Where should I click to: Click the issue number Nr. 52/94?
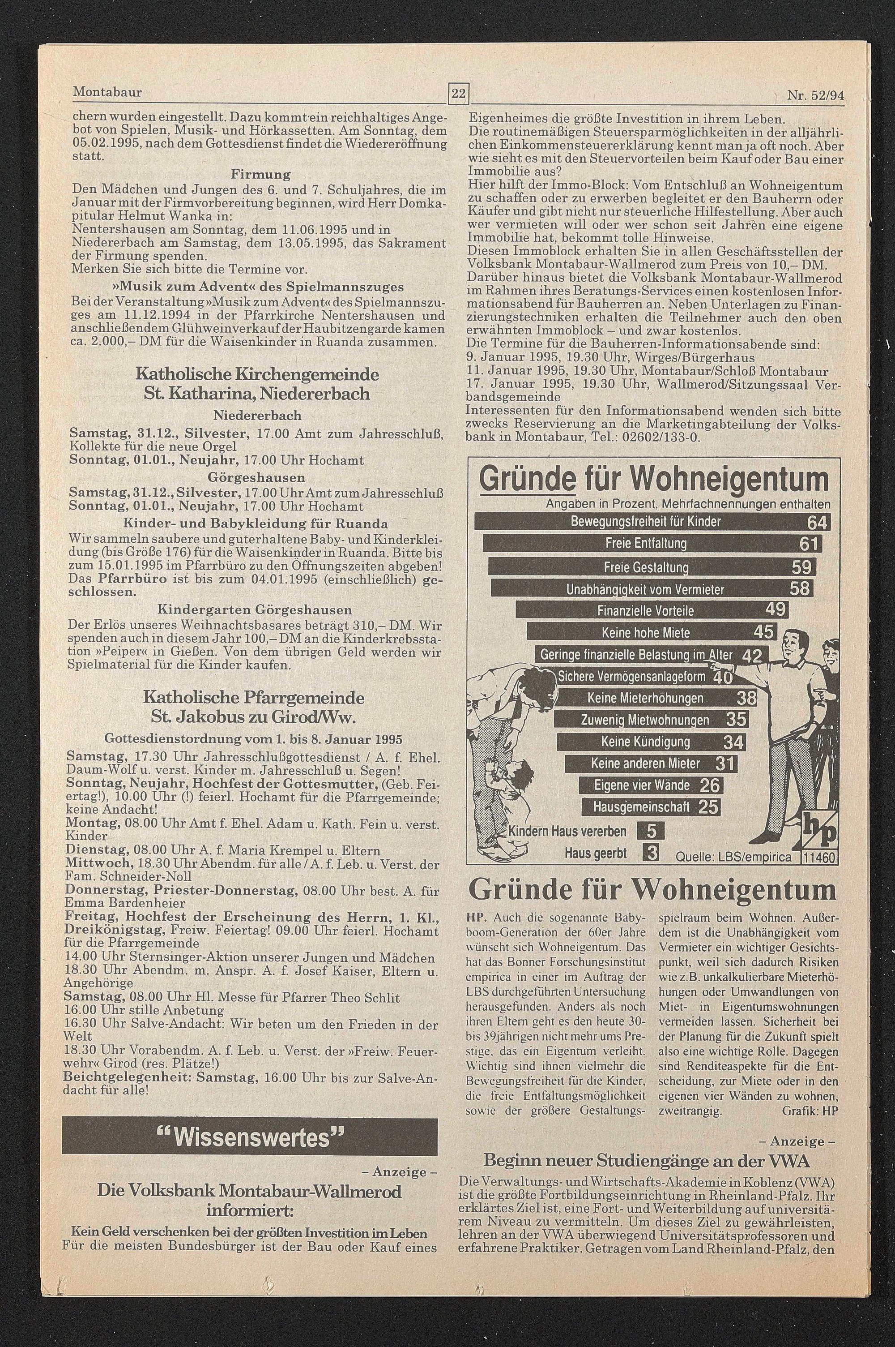tap(814, 95)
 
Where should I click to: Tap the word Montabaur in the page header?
tap(107, 92)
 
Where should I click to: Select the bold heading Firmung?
tap(260, 174)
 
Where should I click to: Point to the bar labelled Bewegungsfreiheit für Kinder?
tap(652, 522)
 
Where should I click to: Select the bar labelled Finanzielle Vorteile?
tap(651, 610)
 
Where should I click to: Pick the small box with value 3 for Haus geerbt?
tap(651, 853)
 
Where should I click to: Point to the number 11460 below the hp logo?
tap(818, 857)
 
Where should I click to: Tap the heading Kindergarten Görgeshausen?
tap(255, 610)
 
